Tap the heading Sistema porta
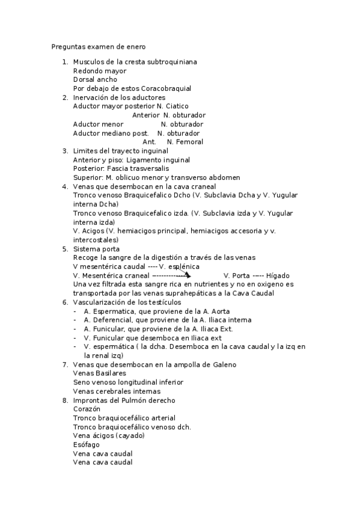[x=96, y=249]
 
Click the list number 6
[x=65, y=302]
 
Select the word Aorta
[x=204, y=311]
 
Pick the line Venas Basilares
[x=100, y=373]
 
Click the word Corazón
[x=87, y=409]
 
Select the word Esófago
[x=86, y=444]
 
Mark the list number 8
[x=65, y=400]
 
